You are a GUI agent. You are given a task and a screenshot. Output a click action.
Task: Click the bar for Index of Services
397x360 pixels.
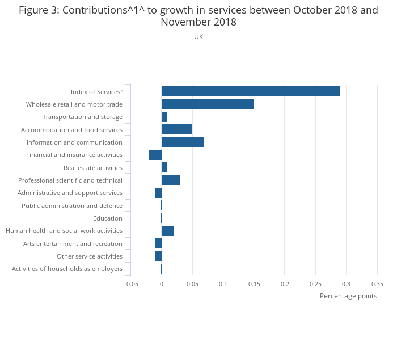coord(250,91)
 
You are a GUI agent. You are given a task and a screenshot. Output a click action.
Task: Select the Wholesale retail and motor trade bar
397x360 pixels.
coord(207,104)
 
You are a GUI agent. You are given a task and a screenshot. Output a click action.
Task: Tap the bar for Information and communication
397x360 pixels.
coord(183,142)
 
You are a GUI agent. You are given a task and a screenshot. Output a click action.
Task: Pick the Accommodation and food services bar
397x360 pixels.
coord(176,129)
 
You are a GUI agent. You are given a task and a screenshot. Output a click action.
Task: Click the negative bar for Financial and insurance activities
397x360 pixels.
coord(155,155)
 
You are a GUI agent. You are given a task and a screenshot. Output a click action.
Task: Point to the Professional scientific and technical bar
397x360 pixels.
coord(170,180)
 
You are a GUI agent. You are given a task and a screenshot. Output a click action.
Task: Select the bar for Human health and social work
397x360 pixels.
coord(167,231)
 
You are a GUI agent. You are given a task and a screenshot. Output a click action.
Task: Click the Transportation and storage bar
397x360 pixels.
coord(164,117)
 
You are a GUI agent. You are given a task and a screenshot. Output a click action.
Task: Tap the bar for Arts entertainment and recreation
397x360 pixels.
coord(158,243)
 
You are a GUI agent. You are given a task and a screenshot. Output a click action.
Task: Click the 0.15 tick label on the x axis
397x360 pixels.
coord(254,284)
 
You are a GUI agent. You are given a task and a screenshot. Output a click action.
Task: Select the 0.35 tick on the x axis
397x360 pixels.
coord(377,284)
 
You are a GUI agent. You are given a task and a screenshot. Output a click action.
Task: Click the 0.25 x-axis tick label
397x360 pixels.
coord(315,284)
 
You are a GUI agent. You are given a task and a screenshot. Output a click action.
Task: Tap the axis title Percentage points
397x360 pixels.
coord(348,296)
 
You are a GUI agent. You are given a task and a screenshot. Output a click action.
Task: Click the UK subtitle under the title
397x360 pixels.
coord(198,37)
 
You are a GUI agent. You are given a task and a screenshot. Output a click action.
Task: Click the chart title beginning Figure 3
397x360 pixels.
coord(198,16)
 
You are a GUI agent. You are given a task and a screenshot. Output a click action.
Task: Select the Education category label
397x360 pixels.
coord(108,218)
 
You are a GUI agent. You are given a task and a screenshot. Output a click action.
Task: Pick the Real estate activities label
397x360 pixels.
coord(93,168)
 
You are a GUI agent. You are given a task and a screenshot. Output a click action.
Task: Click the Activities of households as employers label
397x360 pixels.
coord(67,269)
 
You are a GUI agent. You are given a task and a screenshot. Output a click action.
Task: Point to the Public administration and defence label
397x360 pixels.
coord(72,206)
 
